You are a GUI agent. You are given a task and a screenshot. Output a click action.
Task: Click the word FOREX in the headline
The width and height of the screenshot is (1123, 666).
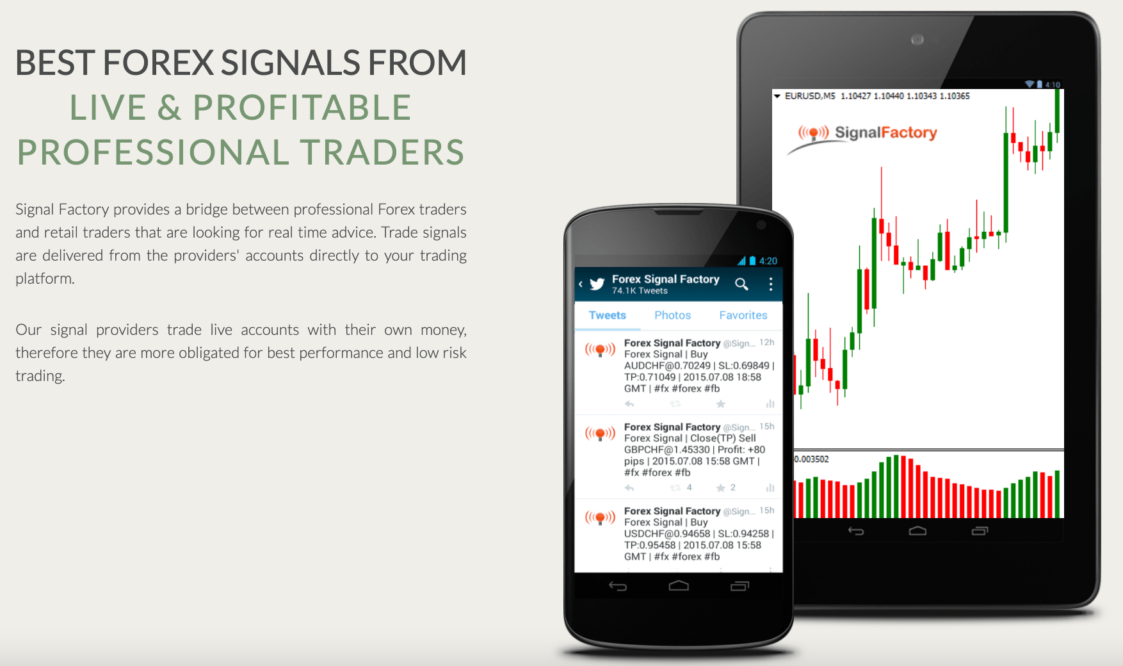tap(158, 63)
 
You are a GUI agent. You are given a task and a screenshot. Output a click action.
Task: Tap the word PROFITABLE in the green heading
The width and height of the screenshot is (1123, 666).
tap(302, 108)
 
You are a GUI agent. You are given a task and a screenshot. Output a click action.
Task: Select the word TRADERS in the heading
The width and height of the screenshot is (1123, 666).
tap(382, 152)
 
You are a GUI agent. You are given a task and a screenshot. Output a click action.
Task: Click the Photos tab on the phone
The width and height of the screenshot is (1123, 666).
tap(672, 315)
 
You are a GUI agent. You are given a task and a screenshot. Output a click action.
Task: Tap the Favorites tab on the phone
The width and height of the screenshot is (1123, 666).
tap(743, 315)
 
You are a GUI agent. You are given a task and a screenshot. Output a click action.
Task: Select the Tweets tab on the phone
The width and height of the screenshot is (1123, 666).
tap(607, 315)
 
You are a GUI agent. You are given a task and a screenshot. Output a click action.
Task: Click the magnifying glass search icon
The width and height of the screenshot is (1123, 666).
tap(741, 284)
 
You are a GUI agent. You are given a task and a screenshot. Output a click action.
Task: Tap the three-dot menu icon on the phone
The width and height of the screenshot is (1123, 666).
tap(770, 284)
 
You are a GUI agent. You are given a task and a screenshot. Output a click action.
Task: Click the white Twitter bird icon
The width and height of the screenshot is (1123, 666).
tap(597, 284)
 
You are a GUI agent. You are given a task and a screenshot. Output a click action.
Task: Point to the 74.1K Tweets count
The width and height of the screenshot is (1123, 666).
tap(640, 291)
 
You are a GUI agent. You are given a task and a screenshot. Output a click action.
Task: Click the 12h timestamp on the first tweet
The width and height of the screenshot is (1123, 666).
tap(767, 343)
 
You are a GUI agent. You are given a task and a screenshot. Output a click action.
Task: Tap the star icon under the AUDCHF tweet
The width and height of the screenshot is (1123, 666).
tap(720, 404)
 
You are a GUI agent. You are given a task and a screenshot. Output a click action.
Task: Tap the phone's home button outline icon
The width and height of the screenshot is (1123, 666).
tap(679, 585)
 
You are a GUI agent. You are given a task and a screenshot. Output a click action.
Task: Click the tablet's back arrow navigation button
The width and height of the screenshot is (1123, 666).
tap(856, 531)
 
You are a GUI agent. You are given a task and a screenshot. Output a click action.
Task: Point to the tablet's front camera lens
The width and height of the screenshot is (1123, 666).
tap(917, 40)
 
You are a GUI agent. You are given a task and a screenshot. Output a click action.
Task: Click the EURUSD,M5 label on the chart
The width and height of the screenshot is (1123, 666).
tap(810, 96)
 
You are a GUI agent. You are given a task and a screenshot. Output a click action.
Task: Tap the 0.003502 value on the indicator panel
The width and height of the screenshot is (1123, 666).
tap(811, 459)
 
